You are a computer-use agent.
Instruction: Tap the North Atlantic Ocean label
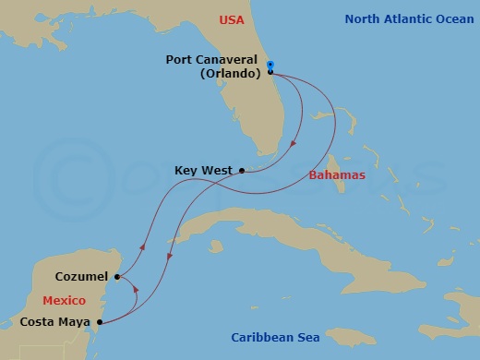click(x=406, y=18)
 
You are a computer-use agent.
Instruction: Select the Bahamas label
click(x=337, y=174)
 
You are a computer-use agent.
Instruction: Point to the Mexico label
click(x=64, y=300)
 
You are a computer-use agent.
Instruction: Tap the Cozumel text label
click(x=80, y=276)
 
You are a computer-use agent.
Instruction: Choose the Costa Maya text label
click(x=56, y=323)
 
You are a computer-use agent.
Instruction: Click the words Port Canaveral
click(x=211, y=59)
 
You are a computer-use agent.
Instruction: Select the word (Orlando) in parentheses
click(x=228, y=73)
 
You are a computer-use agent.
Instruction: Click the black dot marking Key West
click(x=241, y=170)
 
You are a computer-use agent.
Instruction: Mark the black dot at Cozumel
click(x=116, y=276)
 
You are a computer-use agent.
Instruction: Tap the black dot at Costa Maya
click(x=99, y=323)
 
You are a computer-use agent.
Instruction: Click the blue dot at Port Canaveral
click(x=270, y=64)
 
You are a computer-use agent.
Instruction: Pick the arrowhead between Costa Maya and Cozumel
click(x=136, y=288)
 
